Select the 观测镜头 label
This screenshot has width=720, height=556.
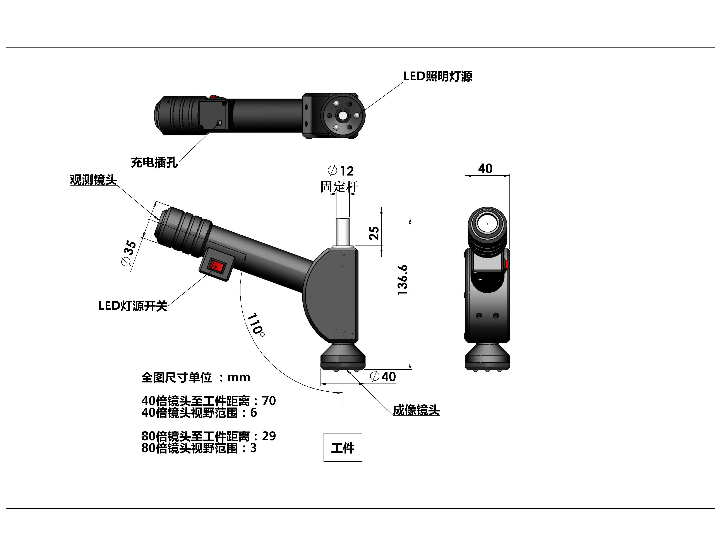[93, 180]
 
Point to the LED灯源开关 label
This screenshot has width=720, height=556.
[133, 306]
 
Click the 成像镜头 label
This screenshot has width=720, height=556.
[416, 410]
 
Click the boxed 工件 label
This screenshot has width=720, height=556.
[343, 448]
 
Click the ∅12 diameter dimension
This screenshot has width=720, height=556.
[341, 171]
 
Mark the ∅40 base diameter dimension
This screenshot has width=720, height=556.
[383, 377]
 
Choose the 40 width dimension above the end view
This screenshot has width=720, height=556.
[485, 169]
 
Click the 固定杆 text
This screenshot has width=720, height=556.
[339, 187]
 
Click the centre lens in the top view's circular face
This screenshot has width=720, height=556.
[343, 116]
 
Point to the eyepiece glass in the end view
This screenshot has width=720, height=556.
[487, 223]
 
